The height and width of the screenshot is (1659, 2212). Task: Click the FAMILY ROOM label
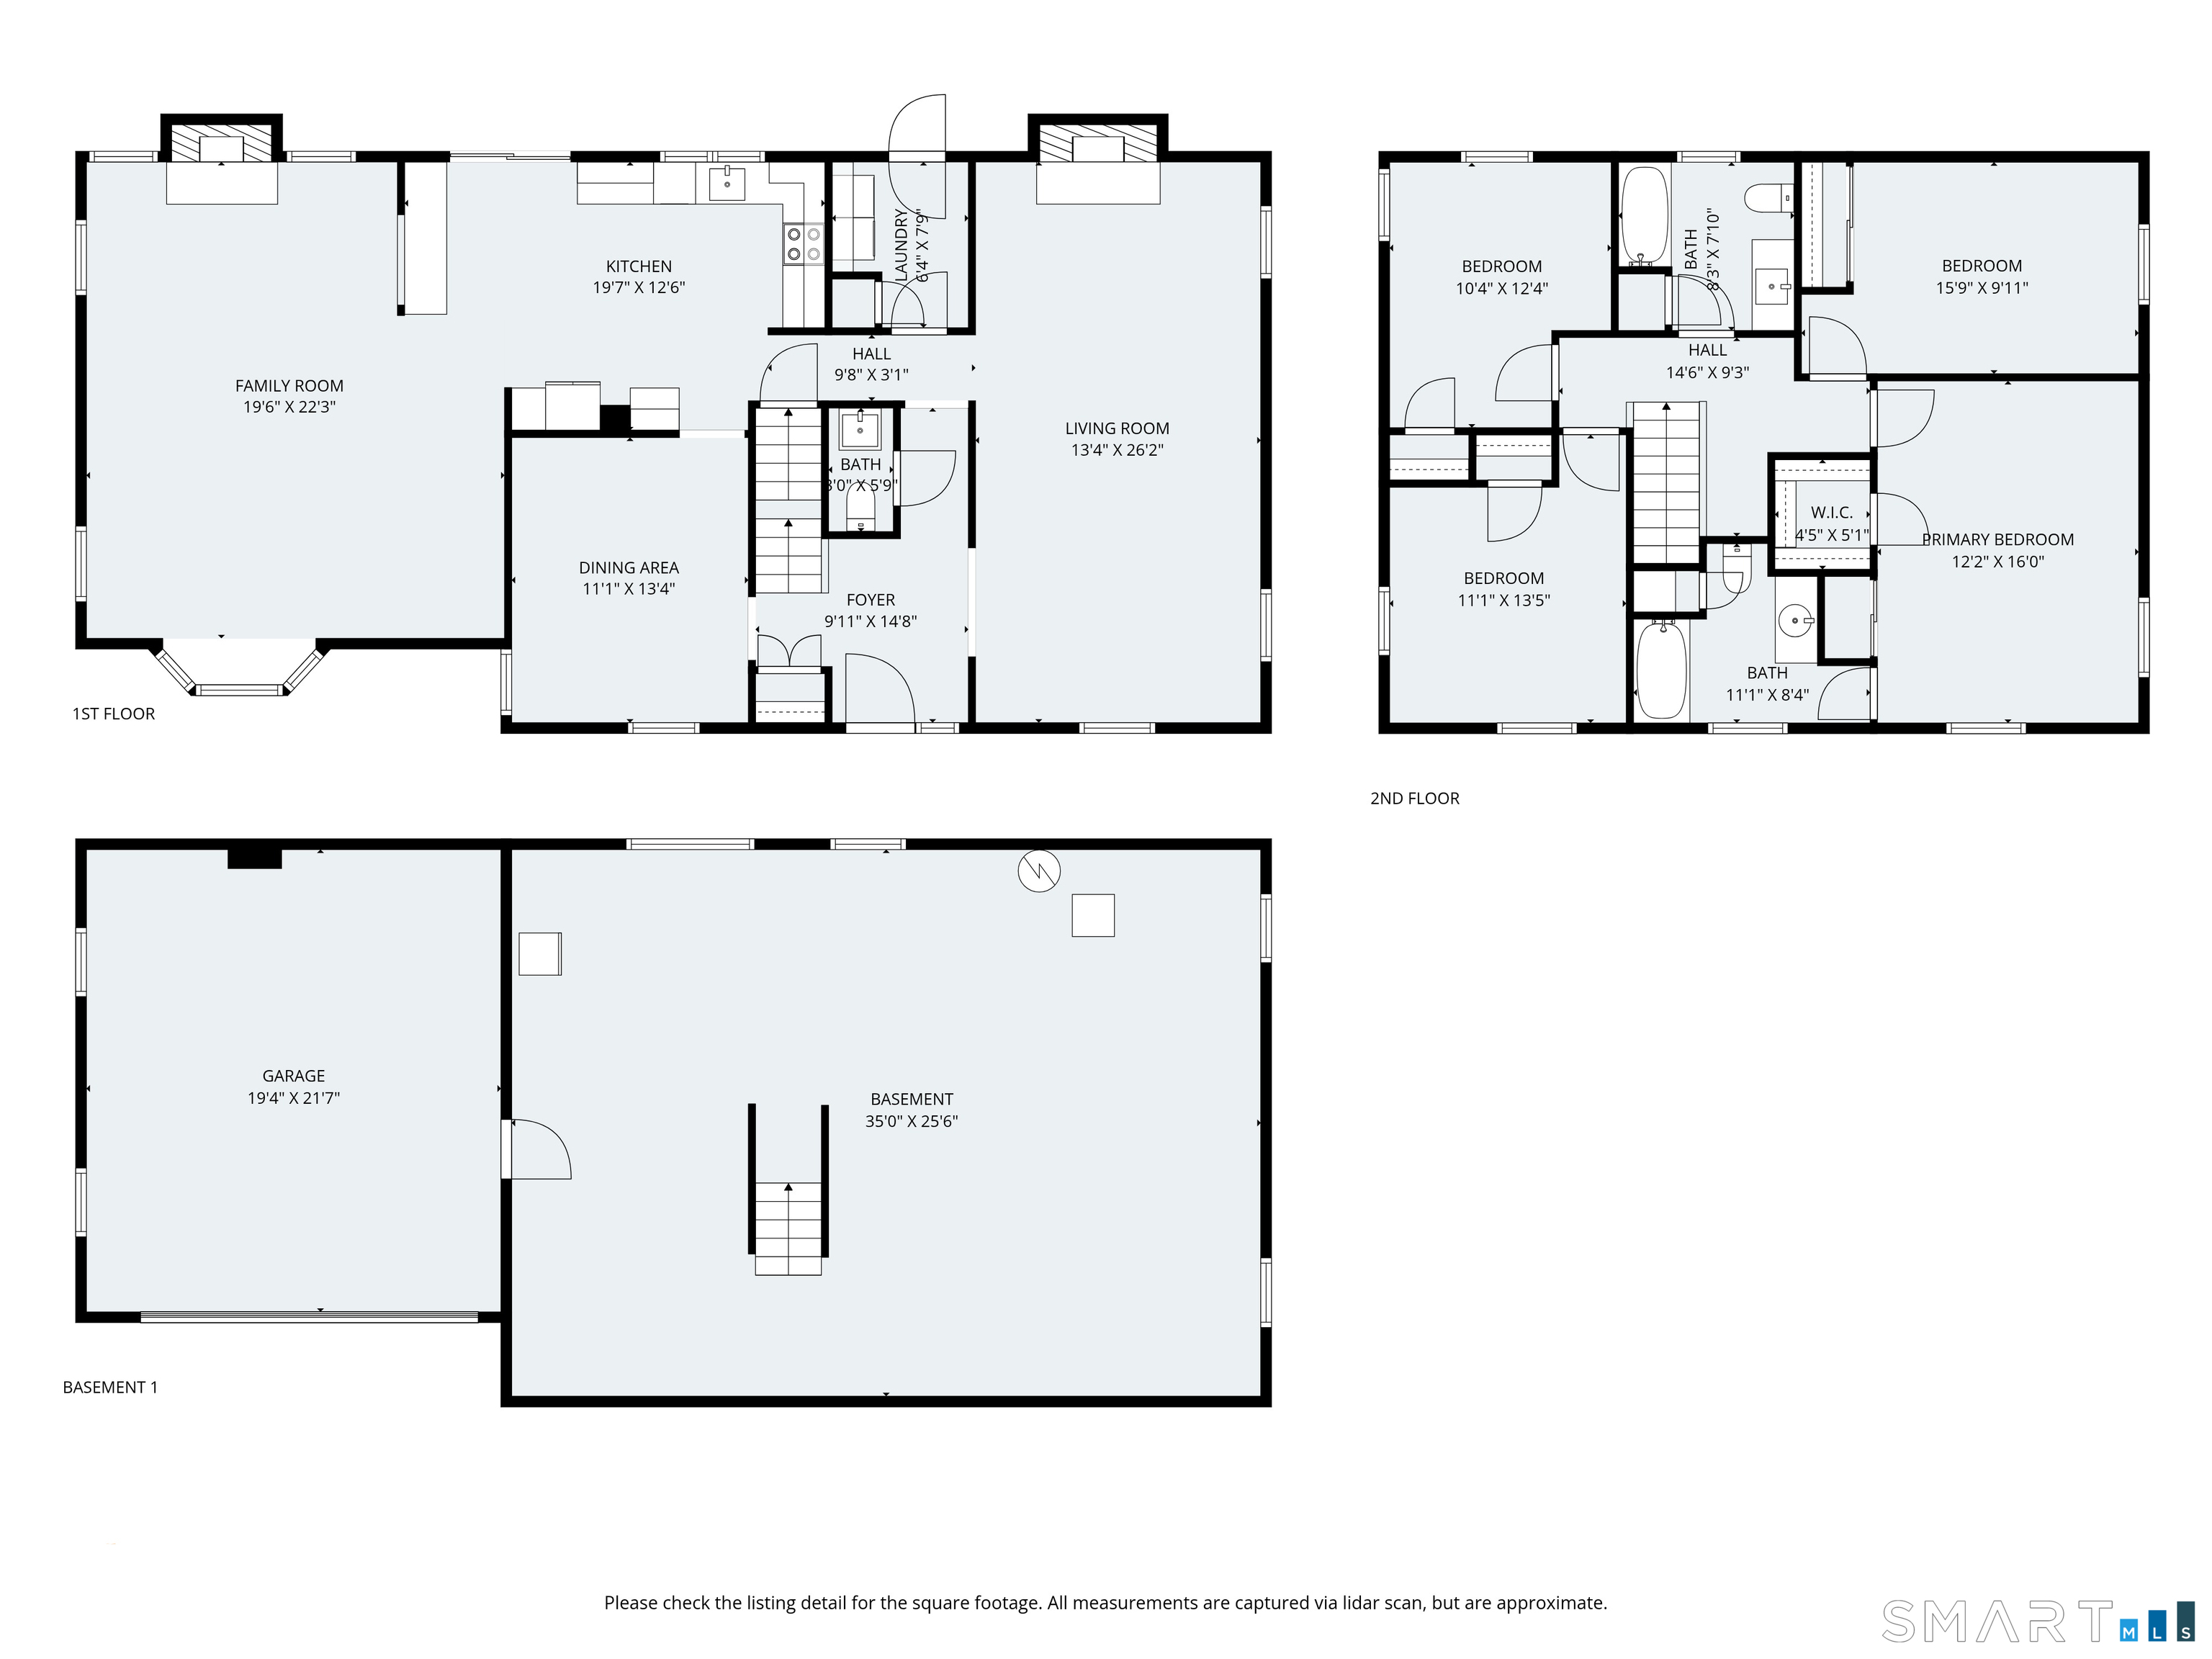289,386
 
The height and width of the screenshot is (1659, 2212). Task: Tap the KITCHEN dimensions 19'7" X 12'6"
639,288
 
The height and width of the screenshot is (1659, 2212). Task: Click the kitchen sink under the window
727,184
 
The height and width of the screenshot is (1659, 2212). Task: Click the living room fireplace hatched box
1098,143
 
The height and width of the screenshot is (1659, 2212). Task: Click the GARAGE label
294,1076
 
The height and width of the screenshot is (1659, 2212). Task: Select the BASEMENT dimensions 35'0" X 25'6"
912,1122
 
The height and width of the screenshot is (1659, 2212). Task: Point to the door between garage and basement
537,1149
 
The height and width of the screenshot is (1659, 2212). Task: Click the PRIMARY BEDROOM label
1998,540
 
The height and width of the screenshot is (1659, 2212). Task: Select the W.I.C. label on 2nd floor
1832,513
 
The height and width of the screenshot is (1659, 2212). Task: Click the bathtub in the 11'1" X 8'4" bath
1662,670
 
